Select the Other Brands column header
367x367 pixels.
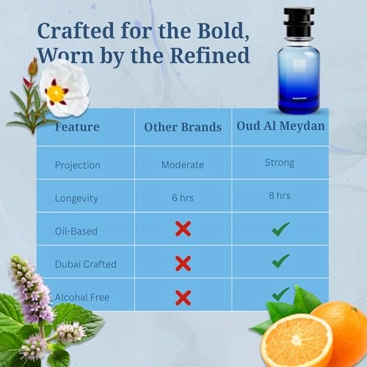(x=183, y=127)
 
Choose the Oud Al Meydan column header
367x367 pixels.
(x=280, y=126)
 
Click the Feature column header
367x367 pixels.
(x=79, y=127)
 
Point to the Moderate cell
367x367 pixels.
(x=183, y=164)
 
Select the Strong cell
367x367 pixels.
(x=279, y=162)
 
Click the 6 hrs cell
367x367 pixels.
(x=183, y=197)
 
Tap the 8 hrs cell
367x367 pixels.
(x=279, y=195)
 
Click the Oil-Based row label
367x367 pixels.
(x=76, y=230)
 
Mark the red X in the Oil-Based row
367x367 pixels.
(x=183, y=229)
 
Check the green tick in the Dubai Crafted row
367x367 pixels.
(x=280, y=261)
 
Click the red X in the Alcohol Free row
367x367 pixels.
(x=183, y=297)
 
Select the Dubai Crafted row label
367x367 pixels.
(x=85, y=264)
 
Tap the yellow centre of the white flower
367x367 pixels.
(x=55, y=92)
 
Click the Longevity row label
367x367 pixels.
(x=76, y=197)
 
